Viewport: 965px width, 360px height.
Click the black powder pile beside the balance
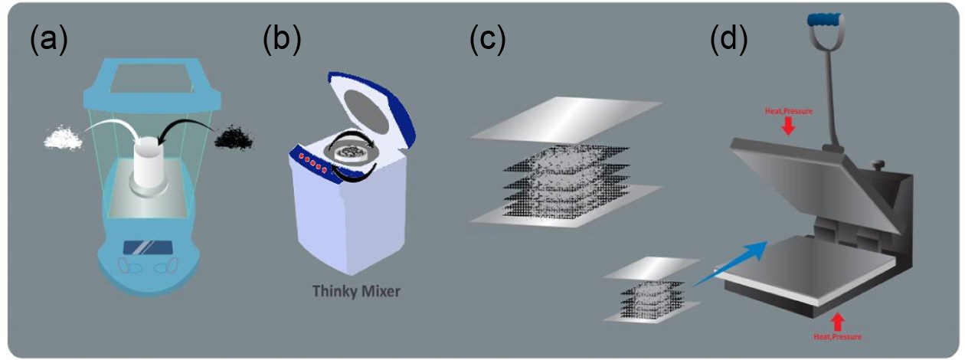click(x=237, y=137)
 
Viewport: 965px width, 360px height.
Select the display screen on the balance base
click(x=148, y=249)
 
